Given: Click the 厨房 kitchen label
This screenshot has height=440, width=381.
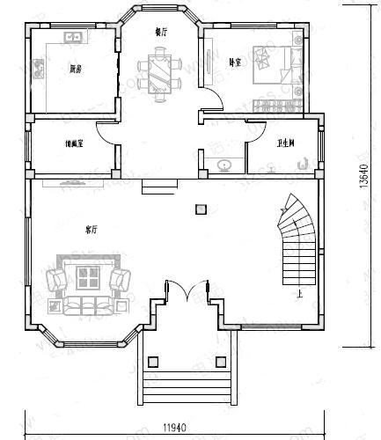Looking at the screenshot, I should coord(77,68).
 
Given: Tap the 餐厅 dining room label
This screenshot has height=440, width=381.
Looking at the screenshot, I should coord(161,33).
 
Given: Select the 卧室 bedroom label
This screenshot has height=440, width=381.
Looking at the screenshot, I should coord(235,62).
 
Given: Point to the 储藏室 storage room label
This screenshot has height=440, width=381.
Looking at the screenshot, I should coord(74,143).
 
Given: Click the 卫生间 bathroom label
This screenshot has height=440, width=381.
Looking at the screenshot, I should coord(285,143).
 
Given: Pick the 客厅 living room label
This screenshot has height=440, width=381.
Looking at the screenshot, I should coord(91,229).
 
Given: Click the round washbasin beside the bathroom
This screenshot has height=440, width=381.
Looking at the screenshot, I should coord(225,164).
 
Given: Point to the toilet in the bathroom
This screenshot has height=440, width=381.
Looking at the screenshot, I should coord(303,162).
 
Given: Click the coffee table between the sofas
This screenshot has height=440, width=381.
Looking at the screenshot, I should coord(88,280).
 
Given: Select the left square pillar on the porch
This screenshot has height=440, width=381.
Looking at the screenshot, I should coord(152,360).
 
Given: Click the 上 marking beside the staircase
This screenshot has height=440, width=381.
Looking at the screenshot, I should coord(302,295).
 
